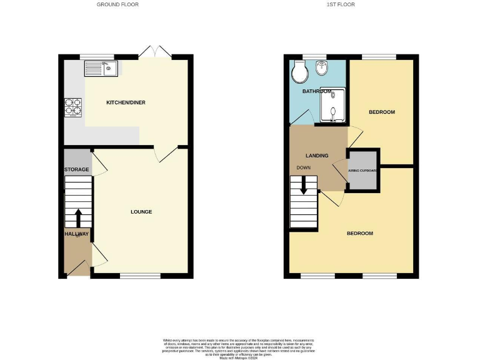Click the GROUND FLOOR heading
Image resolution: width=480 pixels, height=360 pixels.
[117, 4]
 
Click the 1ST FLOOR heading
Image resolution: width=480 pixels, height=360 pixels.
[341, 4]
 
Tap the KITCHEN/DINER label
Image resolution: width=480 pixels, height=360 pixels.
[126, 102]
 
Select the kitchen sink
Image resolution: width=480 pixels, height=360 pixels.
[100, 67]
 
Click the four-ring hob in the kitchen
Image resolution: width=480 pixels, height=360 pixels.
[73, 107]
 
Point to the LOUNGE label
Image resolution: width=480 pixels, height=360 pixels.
[141, 212]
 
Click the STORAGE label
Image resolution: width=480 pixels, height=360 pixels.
[76, 170]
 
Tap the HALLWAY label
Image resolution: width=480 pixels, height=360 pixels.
[76, 234]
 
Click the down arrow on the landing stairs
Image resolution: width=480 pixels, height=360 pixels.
[304, 185]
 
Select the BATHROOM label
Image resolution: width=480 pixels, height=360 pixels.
[316, 92]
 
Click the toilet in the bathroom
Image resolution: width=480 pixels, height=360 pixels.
[299, 73]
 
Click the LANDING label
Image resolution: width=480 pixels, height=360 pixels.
[317, 156]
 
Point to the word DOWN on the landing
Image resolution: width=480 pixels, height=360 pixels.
[304, 167]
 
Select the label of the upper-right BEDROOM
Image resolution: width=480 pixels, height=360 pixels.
[381, 112]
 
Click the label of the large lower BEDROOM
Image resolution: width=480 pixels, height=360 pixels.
[360, 233]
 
